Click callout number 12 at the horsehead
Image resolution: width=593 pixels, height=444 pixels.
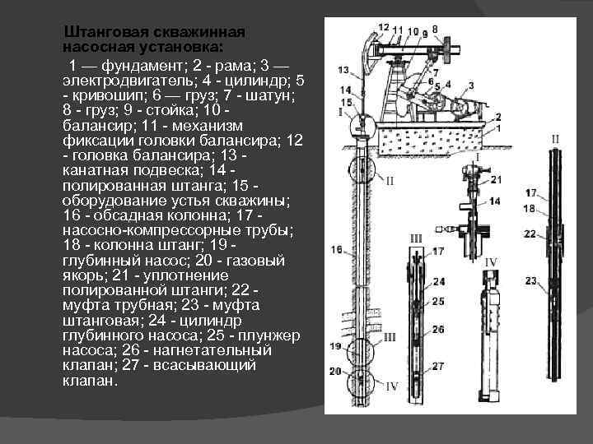coord(383,27)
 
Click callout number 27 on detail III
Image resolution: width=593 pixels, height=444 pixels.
coord(438,366)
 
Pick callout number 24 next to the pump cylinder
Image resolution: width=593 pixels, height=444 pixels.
coord(438,282)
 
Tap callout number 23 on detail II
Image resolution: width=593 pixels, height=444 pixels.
coord(531,281)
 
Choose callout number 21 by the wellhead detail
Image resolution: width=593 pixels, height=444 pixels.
coord(495,178)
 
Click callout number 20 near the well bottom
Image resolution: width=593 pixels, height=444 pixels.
coord(335,372)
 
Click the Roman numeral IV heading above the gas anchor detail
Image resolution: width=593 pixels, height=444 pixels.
coord(491,261)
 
